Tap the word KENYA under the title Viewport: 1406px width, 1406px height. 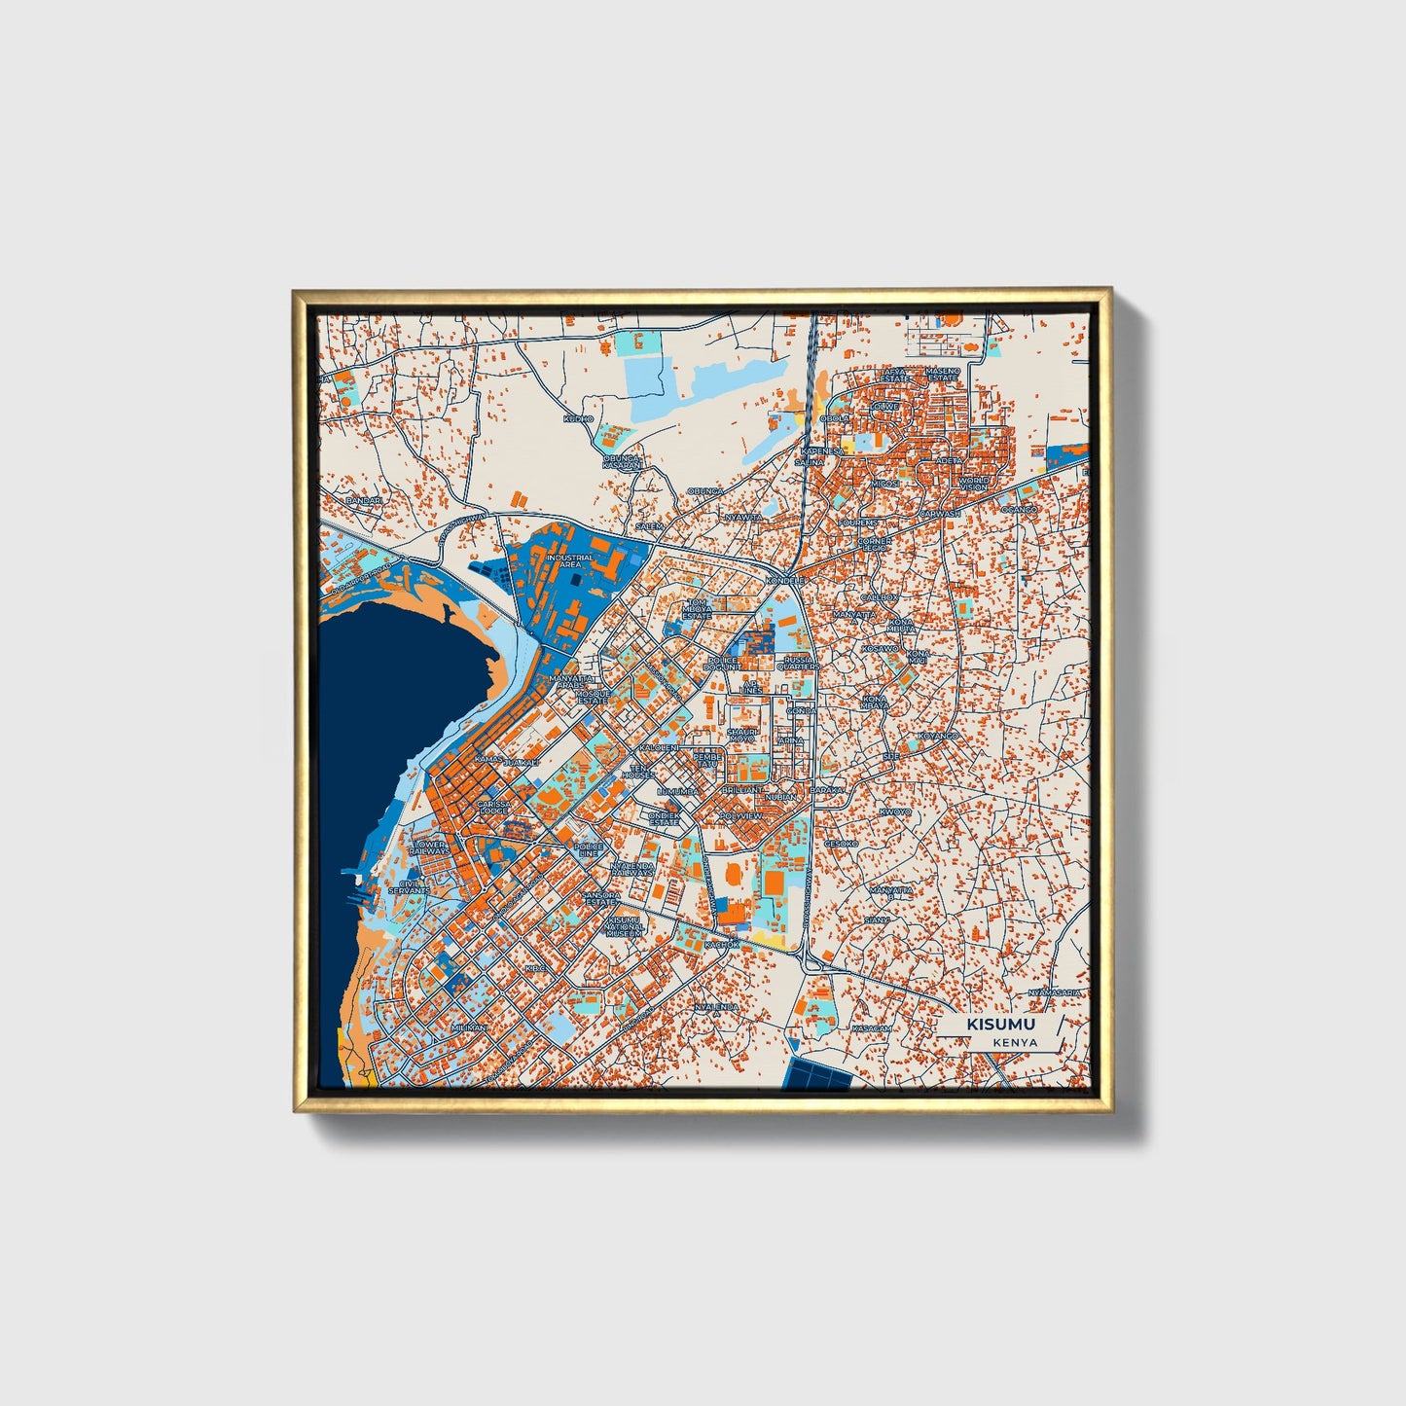tap(1016, 1042)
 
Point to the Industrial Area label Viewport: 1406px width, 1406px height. tap(569, 561)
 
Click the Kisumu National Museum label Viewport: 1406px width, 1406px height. tap(625, 925)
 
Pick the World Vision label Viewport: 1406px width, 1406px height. tap(973, 484)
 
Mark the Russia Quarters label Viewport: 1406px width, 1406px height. tap(798, 664)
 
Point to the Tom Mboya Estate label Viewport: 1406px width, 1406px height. tap(697, 608)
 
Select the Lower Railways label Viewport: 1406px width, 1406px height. tap(430, 848)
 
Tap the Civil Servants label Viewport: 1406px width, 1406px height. tap(409, 887)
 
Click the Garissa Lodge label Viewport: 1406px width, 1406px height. tap(493, 808)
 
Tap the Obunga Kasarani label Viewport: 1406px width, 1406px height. tap(623, 461)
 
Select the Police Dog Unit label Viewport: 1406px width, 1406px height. tap(725, 664)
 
